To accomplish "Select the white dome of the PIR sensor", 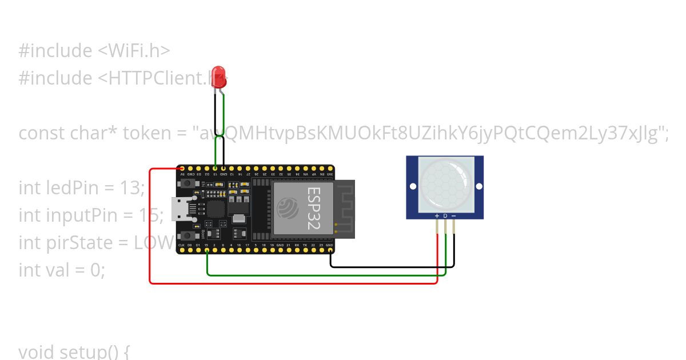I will (445, 183).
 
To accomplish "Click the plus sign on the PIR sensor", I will (437, 215).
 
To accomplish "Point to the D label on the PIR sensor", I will (445, 215).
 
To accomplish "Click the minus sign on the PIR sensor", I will (454, 215).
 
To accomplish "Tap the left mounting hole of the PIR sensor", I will (412, 186).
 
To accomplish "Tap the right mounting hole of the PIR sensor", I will (478, 186).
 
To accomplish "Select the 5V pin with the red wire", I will (182, 169).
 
